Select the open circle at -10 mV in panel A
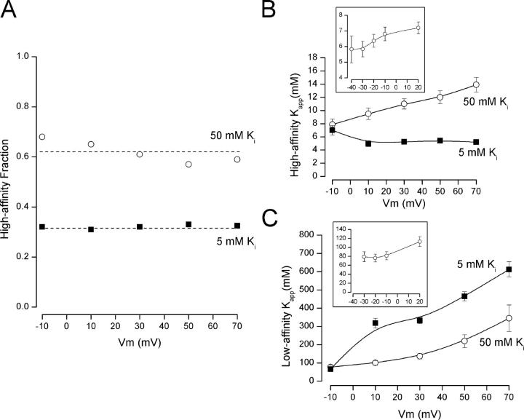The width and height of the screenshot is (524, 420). click(42, 137)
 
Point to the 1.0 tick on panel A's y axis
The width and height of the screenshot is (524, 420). click(27, 56)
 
